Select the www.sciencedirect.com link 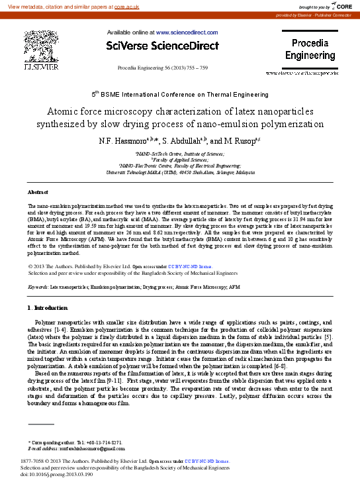(x=187, y=32)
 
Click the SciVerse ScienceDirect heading (x=162, y=46)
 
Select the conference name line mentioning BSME (x=180, y=95)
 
